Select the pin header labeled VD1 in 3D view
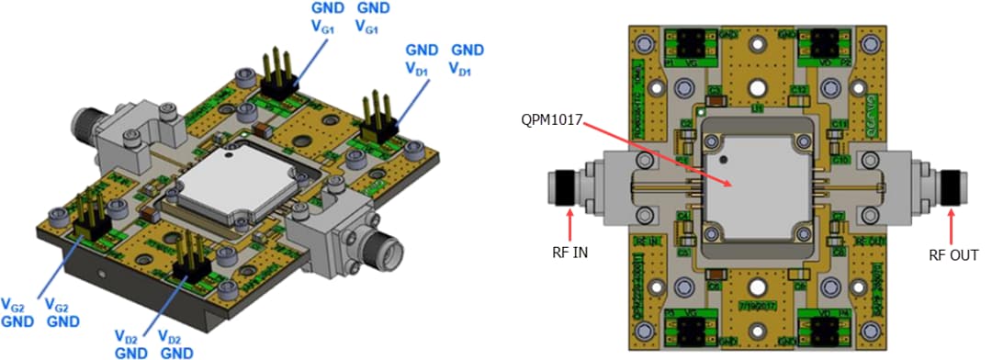379,116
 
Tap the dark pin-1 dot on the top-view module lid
726,158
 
